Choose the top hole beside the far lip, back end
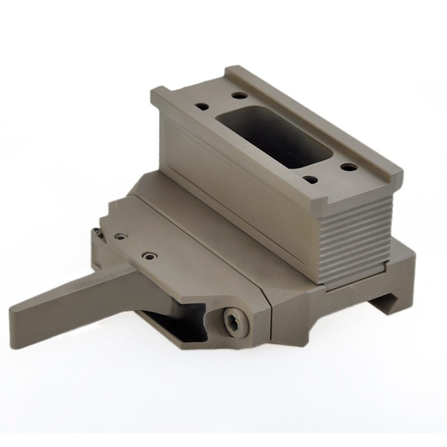pos(239,95)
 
